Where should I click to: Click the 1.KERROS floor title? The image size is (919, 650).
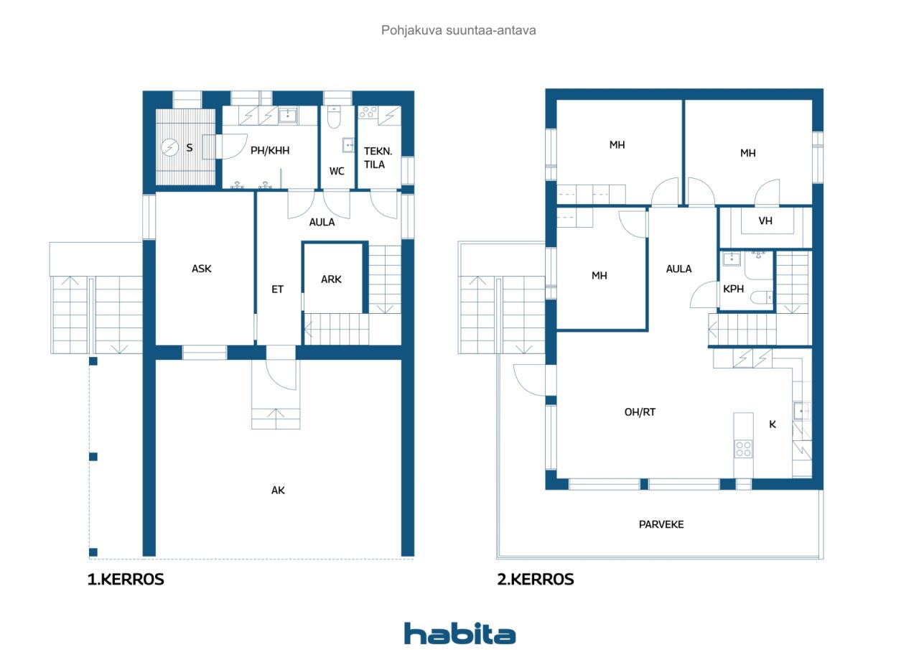point(126,580)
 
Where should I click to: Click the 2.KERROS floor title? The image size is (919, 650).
point(536,580)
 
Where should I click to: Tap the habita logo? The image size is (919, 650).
point(459,633)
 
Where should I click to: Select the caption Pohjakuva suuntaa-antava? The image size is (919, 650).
point(459,31)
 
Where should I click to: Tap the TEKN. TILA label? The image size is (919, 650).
point(374,158)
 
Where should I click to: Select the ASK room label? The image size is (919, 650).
point(202,269)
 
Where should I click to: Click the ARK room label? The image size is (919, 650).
point(331,279)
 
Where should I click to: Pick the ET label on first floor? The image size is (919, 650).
point(277,289)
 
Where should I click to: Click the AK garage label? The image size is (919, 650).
point(278,490)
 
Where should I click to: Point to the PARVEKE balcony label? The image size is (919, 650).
point(661,524)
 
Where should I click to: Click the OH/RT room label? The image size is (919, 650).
point(640,412)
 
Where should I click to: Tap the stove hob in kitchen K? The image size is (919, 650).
point(743,449)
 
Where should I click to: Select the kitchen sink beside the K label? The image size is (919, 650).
point(801,411)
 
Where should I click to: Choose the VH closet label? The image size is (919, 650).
point(765,220)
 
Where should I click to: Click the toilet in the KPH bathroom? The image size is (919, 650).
point(765,295)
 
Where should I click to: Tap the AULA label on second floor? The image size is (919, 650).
point(678,269)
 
